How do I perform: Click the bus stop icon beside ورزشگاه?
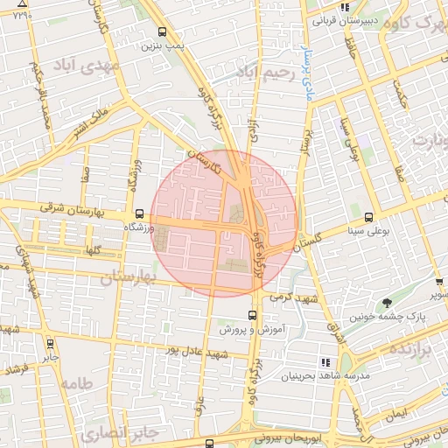(139, 213)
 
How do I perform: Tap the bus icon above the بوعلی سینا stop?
(368, 217)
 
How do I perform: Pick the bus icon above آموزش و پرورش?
(252, 315)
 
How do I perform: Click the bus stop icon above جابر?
(50, 344)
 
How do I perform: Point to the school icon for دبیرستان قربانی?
(320, 7)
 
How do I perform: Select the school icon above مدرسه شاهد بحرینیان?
(325, 362)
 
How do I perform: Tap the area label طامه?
(78, 384)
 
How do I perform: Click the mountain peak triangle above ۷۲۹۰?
(22, 4)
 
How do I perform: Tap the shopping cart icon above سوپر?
(437, 283)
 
